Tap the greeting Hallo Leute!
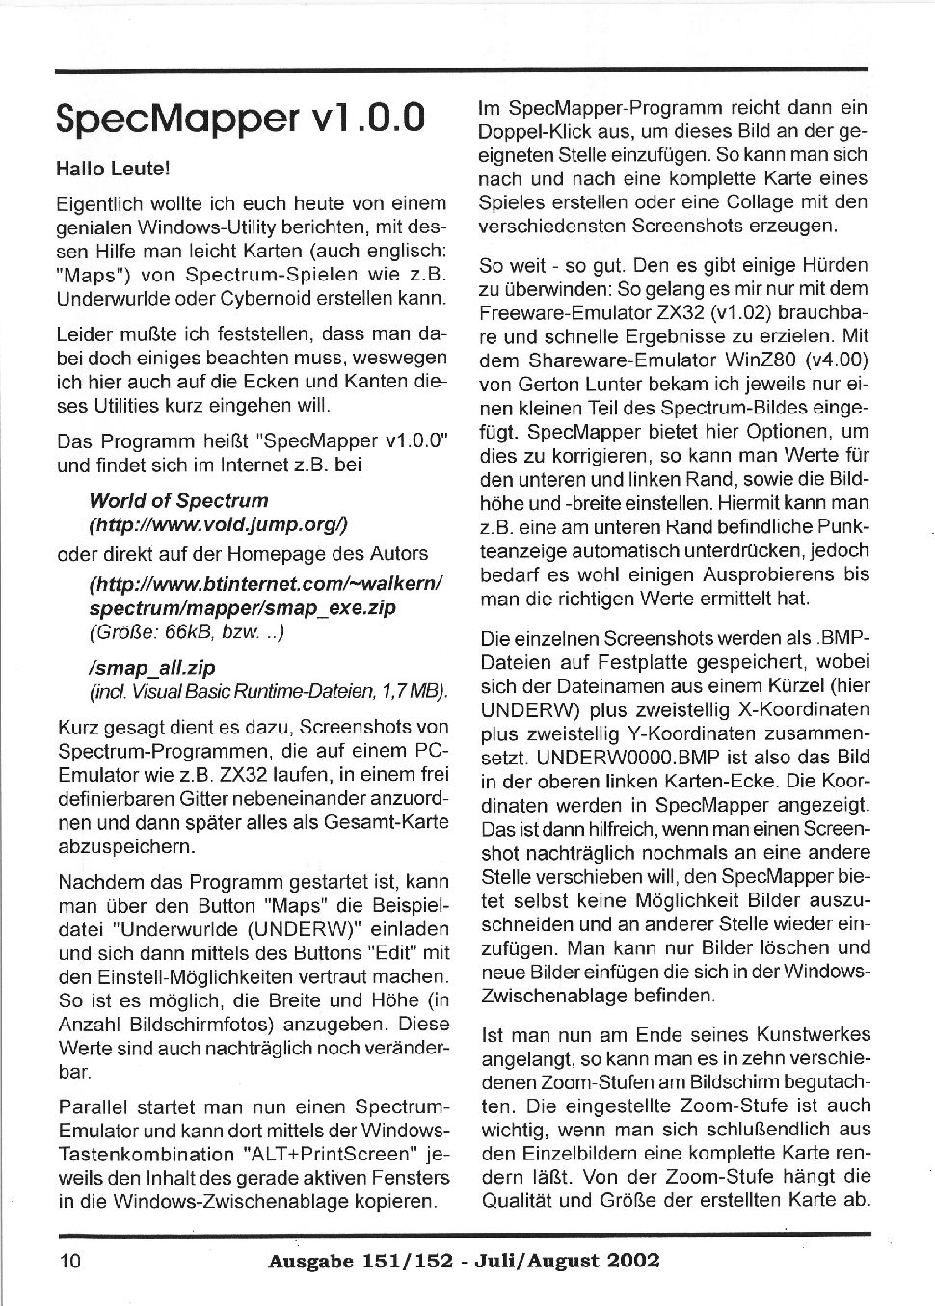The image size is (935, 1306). click(113, 169)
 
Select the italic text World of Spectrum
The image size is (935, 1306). click(178, 501)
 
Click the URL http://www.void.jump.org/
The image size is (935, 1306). click(218, 525)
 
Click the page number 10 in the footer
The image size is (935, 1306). click(70, 1260)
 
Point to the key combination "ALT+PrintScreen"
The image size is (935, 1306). click(333, 1154)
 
